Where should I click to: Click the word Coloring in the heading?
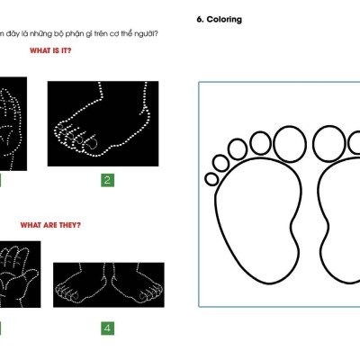click(224, 20)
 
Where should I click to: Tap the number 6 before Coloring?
click(200, 20)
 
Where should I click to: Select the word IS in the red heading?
click(56, 50)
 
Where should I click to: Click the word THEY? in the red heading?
click(70, 225)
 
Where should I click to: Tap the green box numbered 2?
click(107, 180)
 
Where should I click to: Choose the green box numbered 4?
click(107, 328)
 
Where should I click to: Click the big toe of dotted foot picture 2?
click(92, 141)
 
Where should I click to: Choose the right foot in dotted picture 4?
click(137, 286)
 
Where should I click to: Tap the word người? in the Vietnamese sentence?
click(146, 34)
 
